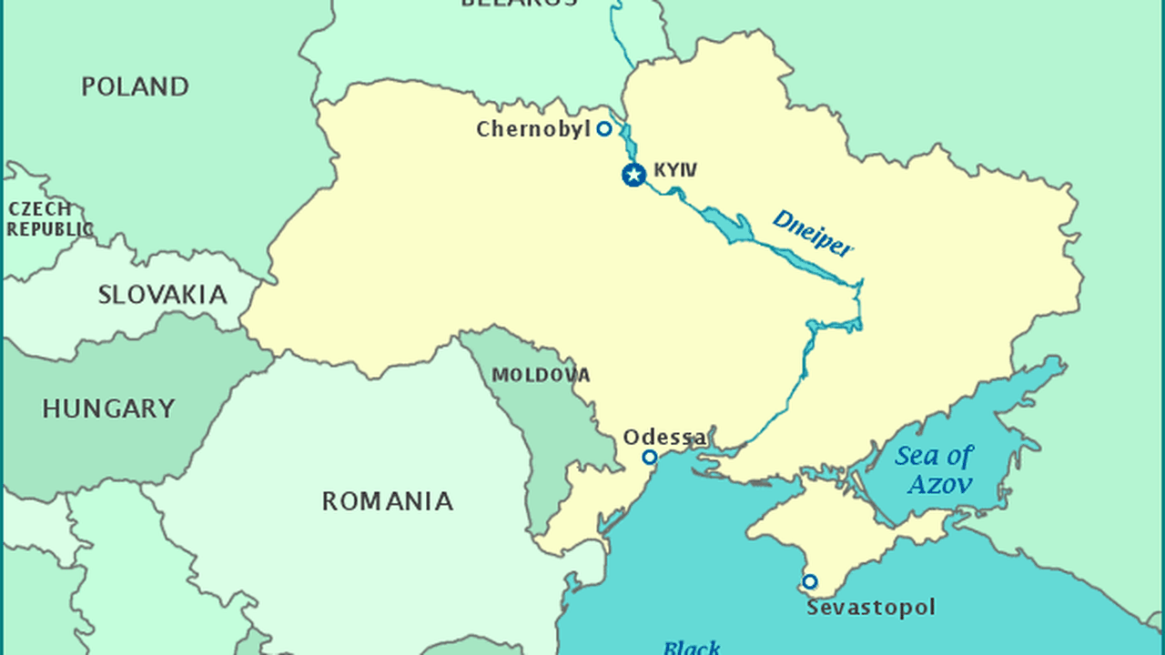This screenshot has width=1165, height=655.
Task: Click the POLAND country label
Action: [135, 86]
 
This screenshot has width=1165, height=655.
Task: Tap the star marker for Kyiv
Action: [633, 175]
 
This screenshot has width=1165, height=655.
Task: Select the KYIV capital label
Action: [675, 170]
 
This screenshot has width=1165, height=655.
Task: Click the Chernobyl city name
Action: [533, 129]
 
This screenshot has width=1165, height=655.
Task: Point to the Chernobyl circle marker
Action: [603, 129]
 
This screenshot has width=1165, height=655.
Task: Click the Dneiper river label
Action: [813, 233]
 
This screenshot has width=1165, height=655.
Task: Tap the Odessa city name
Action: [664, 438]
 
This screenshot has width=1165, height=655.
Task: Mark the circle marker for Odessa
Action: [649, 457]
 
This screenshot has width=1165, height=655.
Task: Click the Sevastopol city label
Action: [870, 607]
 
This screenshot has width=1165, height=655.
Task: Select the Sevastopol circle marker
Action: [809, 581]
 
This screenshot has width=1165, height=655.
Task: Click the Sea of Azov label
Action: [934, 469]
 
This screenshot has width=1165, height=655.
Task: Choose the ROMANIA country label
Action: [387, 501]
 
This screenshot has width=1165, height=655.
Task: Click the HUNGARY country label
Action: [108, 408]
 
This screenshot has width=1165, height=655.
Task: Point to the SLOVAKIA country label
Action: [162, 295]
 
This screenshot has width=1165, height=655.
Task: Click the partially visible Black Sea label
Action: [692, 647]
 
